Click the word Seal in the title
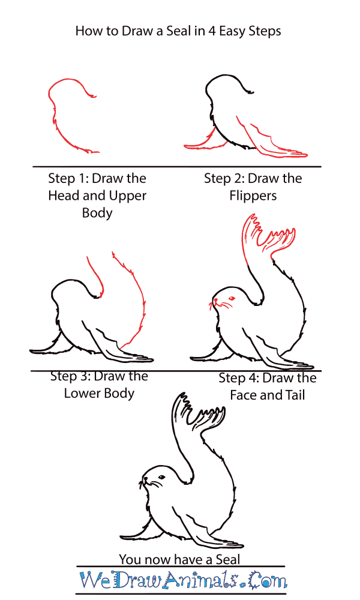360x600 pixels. coord(178,31)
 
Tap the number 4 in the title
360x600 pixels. coord(212,31)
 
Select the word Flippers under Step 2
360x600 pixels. coord(253,196)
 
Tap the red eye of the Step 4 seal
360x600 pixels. coord(231,298)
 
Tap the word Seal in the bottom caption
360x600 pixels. coord(228,559)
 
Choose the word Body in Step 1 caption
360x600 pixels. coord(97,213)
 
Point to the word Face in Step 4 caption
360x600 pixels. coord(244,395)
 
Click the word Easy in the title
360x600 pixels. coord(232,31)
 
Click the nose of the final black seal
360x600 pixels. coord(145,478)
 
